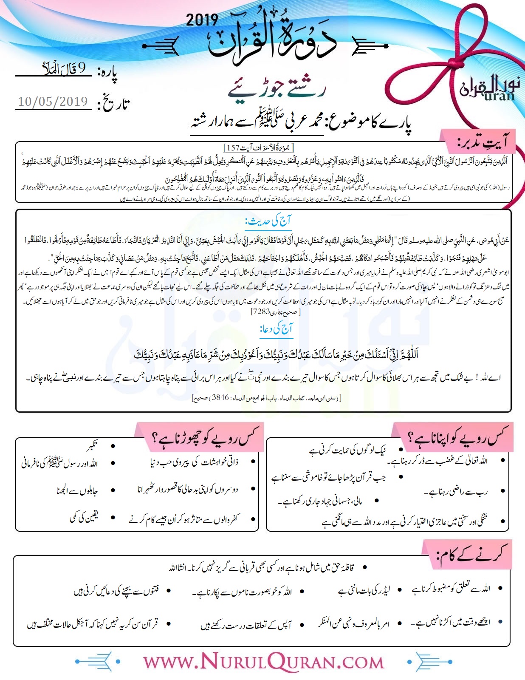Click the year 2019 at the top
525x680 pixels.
(x=202, y=20)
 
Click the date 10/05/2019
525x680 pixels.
(x=53, y=102)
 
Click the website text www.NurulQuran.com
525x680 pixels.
(x=263, y=662)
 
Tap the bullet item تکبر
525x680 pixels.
(x=92, y=446)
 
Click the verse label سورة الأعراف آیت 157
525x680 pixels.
(x=260, y=147)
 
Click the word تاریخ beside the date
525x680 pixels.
(x=113, y=103)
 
